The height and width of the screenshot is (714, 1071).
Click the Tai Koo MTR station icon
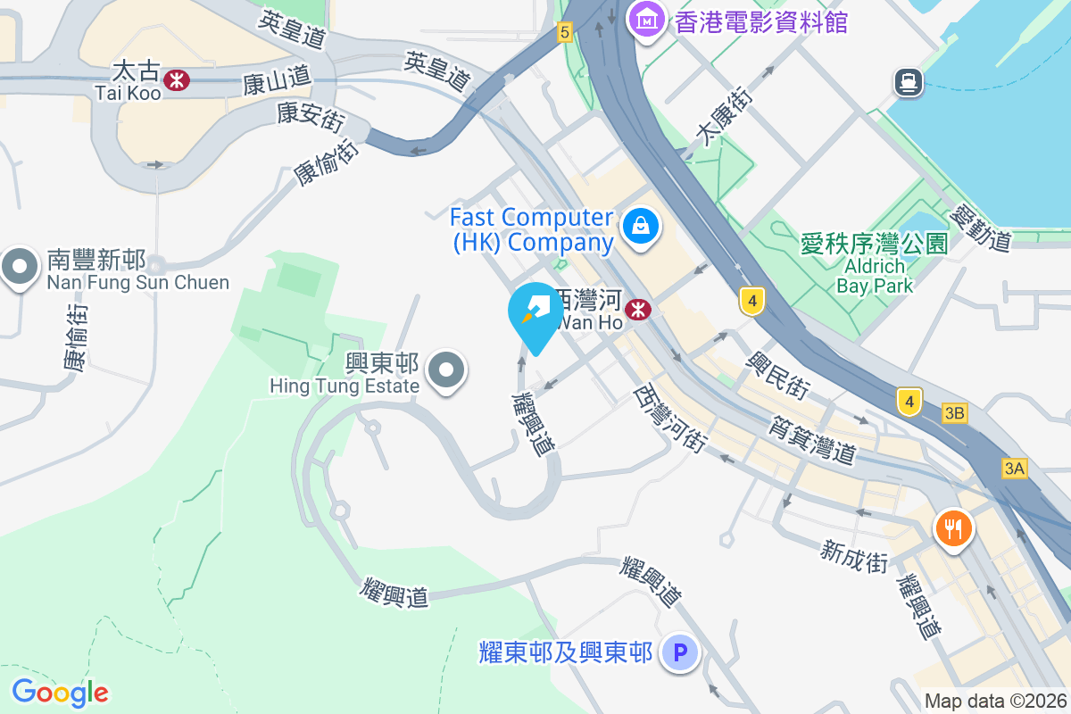point(177,79)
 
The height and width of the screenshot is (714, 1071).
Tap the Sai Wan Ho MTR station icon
point(637,310)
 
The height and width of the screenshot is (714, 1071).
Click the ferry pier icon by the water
point(908,83)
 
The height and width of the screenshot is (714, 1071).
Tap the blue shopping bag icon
point(641,227)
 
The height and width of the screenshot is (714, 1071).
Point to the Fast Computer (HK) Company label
point(532,229)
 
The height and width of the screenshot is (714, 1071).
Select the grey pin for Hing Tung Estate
point(446,369)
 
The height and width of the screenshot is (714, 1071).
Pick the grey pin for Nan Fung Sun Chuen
point(18,266)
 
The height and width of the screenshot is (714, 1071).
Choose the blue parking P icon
point(680,654)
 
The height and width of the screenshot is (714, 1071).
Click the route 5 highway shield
point(563,33)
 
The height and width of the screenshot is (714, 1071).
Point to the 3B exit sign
point(954,412)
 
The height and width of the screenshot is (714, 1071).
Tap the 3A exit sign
point(1015,468)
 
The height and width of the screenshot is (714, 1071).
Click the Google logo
point(60,692)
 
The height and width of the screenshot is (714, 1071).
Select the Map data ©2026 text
point(994,701)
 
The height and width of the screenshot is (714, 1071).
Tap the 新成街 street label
point(855,554)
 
